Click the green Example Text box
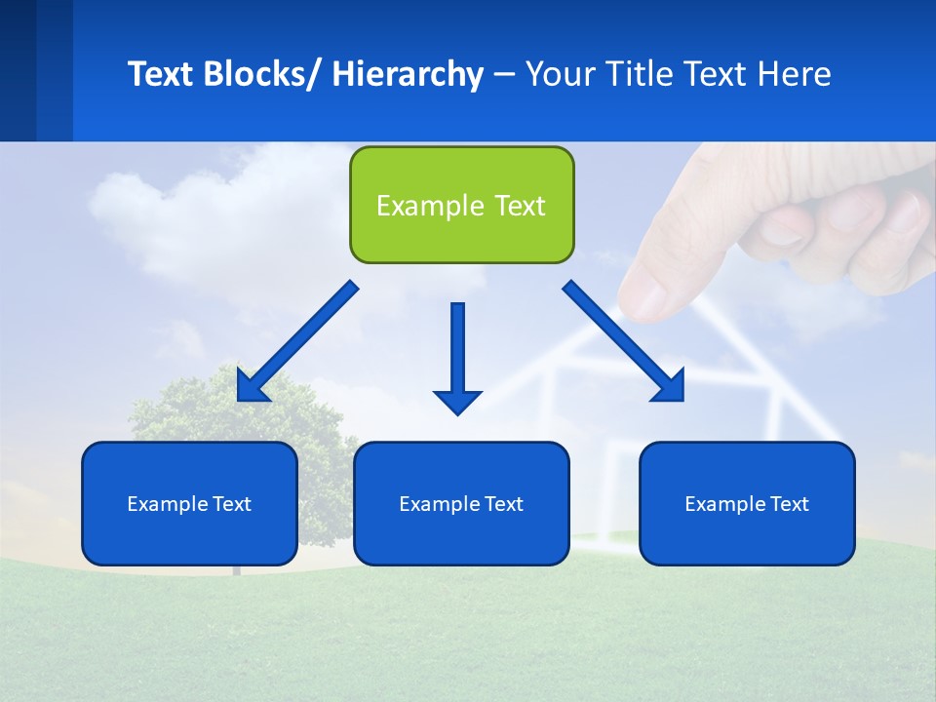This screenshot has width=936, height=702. (461, 205)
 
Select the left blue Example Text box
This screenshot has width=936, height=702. (189, 503)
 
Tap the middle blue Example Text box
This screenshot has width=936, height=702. (461, 503)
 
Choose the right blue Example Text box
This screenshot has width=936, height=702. (747, 503)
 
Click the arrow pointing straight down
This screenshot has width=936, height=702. (457, 351)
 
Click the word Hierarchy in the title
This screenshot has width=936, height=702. (408, 74)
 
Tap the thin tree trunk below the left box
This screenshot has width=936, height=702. (235, 569)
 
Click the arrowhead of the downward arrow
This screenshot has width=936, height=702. (457, 401)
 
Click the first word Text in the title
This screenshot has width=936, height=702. (163, 74)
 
